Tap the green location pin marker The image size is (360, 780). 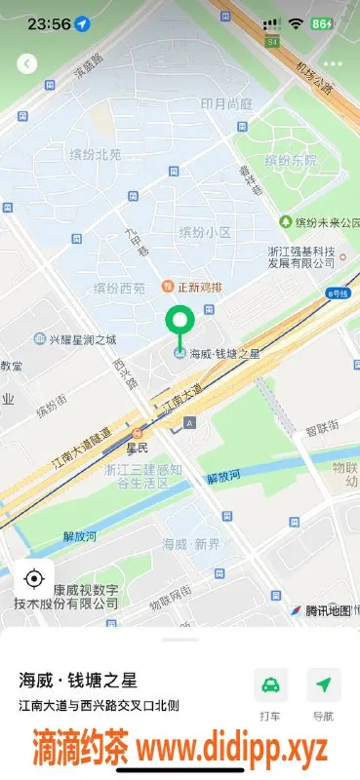(x=180, y=322)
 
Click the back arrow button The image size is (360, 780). (x=27, y=63)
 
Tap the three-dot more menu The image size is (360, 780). (x=333, y=63)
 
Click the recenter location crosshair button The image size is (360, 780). (x=33, y=579)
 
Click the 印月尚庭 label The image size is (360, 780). (x=226, y=104)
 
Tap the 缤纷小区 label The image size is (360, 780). (x=205, y=232)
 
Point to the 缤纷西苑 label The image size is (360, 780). (x=119, y=288)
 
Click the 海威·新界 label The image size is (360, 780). (x=192, y=543)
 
